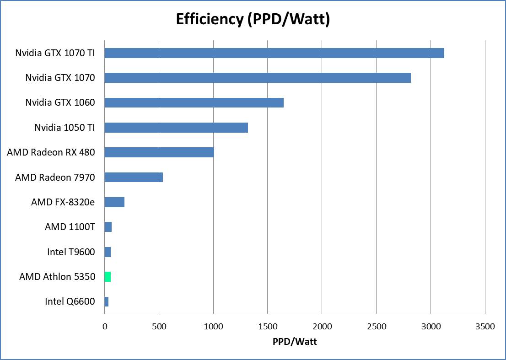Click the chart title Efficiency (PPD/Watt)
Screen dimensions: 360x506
[253, 19]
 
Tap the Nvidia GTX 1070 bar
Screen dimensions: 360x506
[257, 78]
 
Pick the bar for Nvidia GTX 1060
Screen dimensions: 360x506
[194, 102]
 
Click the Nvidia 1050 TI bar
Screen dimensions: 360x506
[176, 128]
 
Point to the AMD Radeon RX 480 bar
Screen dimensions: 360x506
[159, 152]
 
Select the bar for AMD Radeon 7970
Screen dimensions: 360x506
[134, 177]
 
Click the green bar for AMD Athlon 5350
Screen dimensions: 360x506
[108, 277]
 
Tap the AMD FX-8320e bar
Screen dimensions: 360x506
[114, 202]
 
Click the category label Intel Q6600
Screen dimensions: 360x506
[70, 301]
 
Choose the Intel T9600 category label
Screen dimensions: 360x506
[71, 252]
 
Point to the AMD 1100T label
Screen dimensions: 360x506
[70, 227]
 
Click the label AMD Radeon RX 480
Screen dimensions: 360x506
[51, 152]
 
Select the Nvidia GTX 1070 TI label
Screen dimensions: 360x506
[55, 53]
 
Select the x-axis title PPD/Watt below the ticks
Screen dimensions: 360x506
[295, 342]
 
